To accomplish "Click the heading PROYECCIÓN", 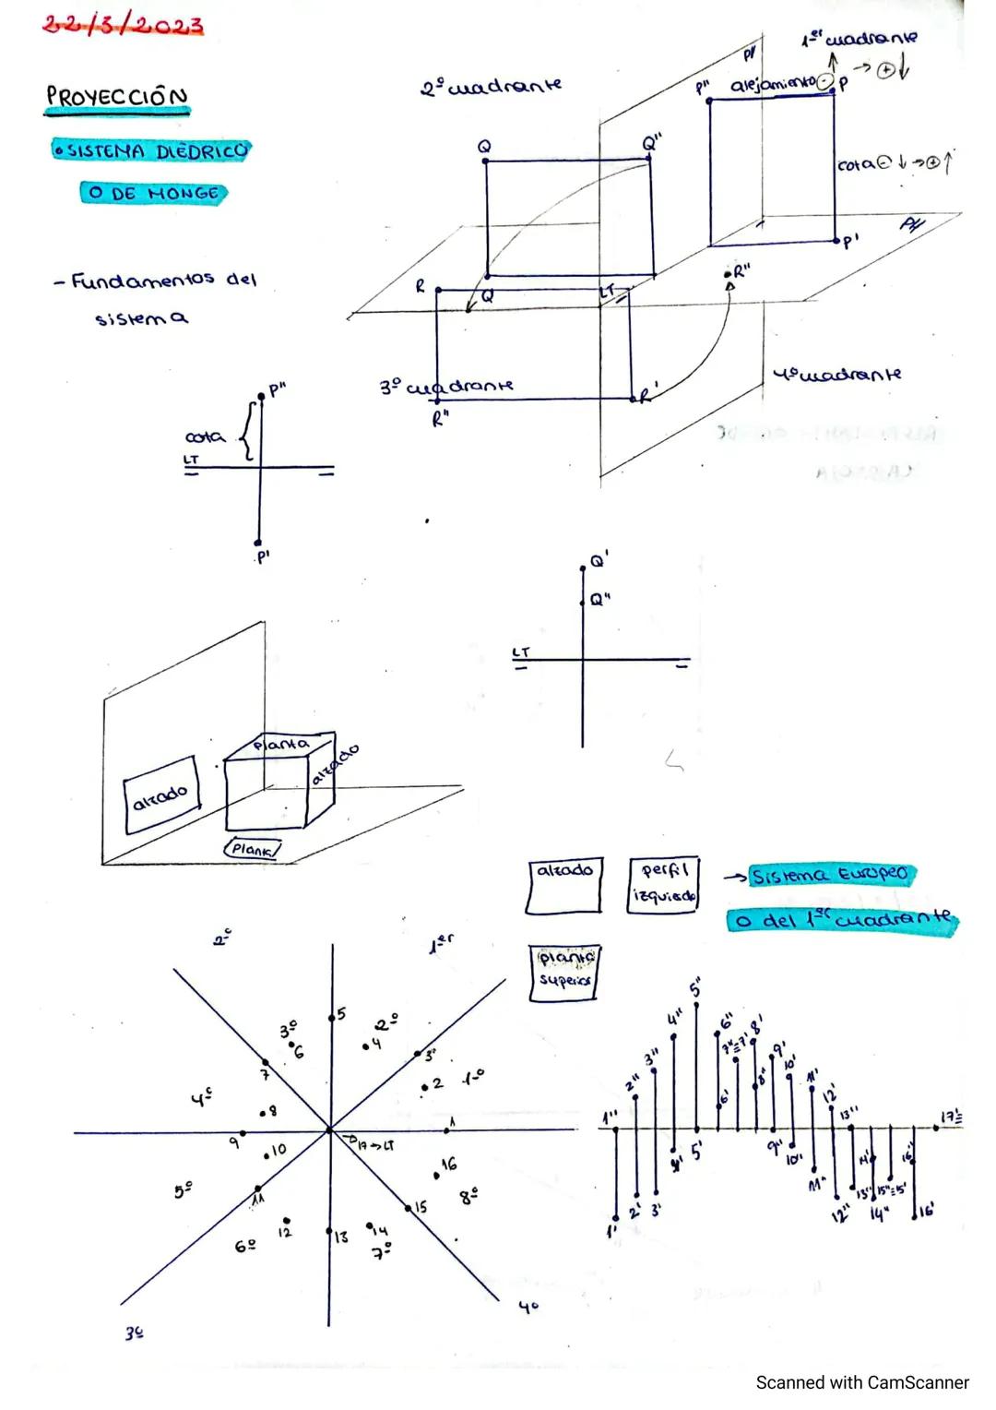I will point(116,97).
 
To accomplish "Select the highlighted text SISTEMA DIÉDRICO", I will point(151,150).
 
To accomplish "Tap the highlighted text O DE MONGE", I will point(153,194).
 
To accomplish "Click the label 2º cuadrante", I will point(491,87).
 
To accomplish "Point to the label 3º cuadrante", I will point(446,387).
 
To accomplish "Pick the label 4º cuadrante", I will point(836,375).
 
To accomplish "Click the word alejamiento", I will point(774,86).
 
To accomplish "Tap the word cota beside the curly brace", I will point(205,436).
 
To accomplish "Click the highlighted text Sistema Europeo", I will point(829,875).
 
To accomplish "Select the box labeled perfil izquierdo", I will point(663,884).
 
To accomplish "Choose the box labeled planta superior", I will point(563,971).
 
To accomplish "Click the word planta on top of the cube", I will point(281,744).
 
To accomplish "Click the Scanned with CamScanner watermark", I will point(861,1382).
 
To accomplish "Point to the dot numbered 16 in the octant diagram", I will point(436,1175).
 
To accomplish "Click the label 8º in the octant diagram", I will point(468,1196).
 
